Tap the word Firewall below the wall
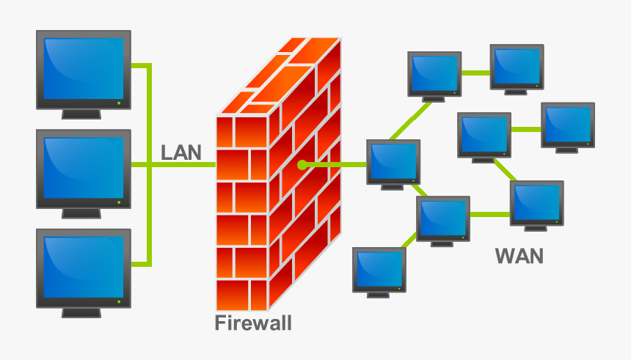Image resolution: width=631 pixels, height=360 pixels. coord(252,323)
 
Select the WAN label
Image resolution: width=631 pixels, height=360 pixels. coord(519,256)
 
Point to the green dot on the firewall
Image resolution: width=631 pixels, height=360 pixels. coord(302,165)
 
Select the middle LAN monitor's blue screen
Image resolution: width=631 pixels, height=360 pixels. coord(83,167)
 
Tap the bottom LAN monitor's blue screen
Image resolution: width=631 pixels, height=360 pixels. coord(83,266)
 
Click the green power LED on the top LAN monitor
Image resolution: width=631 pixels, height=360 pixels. coord(120,102)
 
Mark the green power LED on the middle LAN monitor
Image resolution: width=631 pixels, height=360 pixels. coord(120,202)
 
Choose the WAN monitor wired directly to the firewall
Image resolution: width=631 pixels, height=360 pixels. coord(394,162)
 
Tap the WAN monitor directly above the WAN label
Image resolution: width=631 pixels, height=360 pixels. coord(537,203)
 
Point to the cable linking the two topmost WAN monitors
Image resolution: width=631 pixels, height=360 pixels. coord(476,73)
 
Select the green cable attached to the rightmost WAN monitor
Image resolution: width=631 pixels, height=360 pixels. coord(526,129)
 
